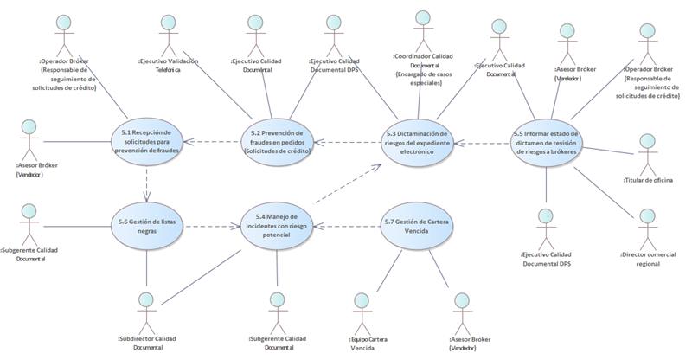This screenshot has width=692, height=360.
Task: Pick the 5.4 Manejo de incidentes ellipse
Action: (276, 228)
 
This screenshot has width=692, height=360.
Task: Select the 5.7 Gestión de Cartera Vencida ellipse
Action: (416, 227)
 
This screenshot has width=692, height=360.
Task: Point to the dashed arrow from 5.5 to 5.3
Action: (481, 143)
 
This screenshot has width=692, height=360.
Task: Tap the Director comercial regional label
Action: (648, 259)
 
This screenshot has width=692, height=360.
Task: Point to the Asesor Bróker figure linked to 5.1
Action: (29, 138)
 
